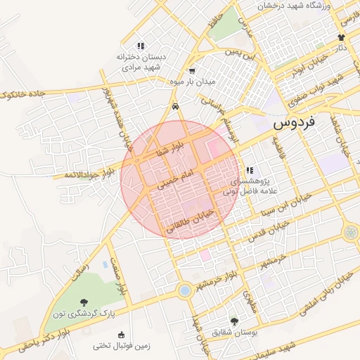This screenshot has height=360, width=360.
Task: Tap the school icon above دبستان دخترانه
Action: click(141, 46)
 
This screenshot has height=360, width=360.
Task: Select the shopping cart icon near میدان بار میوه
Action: click(192, 71)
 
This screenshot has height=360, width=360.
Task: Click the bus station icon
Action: click(174, 107)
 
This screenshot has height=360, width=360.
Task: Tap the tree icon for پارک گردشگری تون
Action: click(86, 302)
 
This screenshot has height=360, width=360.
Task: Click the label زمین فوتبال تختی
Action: click(122, 346)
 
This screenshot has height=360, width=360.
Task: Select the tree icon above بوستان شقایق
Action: click(234, 321)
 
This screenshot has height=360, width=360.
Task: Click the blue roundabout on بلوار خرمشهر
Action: click(184, 289)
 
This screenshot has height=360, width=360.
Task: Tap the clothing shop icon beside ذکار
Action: click(342, 37)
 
